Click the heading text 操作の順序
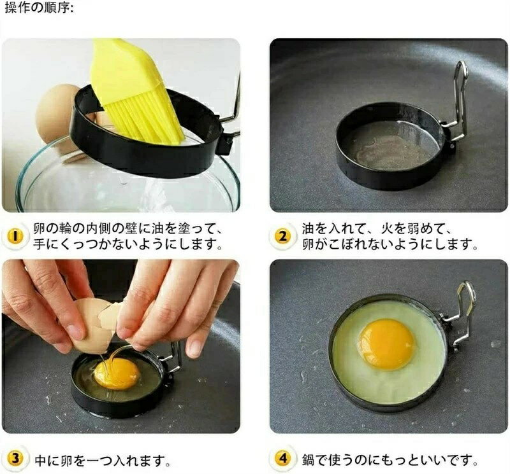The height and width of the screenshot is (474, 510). (x=39, y=8)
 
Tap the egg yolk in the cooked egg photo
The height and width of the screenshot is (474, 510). (x=387, y=344)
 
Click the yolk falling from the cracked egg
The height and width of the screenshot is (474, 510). (x=117, y=373)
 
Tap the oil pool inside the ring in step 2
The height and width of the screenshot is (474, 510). (x=390, y=148)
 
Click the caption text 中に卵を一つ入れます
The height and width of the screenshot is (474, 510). (x=103, y=460)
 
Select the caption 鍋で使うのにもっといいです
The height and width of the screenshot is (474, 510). (x=390, y=460)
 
